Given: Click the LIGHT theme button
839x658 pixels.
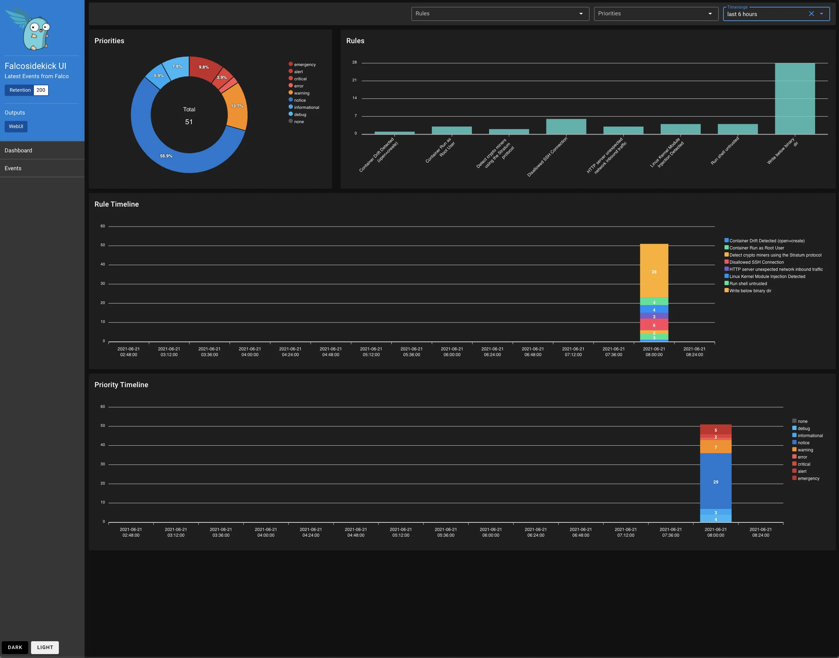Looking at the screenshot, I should (x=45, y=647).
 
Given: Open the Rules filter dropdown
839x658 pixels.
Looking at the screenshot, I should (x=500, y=14).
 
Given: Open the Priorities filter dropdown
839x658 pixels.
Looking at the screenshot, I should (x=655, y=14).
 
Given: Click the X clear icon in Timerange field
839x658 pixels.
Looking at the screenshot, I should (x=811, y=14).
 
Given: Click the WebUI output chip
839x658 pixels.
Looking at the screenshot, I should (x=16, y=126).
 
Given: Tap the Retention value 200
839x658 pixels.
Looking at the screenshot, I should (x=41, y=90).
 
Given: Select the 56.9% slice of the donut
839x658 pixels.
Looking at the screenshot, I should (x=166, y=156).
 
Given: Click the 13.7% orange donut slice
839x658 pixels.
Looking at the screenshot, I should (x=237, y=106).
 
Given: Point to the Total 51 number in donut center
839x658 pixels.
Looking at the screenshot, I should (x=189, y=122).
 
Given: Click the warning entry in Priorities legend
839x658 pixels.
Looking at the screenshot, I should (x=301, y=93).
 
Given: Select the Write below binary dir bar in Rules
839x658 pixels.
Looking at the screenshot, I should (x=794, y=98).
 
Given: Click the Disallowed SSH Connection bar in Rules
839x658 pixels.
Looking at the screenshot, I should (x=566, y=127).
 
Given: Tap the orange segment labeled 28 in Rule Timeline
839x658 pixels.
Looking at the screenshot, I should (x=654, y=272).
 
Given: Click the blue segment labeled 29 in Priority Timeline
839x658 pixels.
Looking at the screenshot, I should (x=716, y=482).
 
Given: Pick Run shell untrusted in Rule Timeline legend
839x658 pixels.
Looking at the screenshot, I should (x=748, y=284).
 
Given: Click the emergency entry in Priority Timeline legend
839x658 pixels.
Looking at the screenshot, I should (x=808, y=479).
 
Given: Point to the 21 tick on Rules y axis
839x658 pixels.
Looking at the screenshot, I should (x=354, y=80).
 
